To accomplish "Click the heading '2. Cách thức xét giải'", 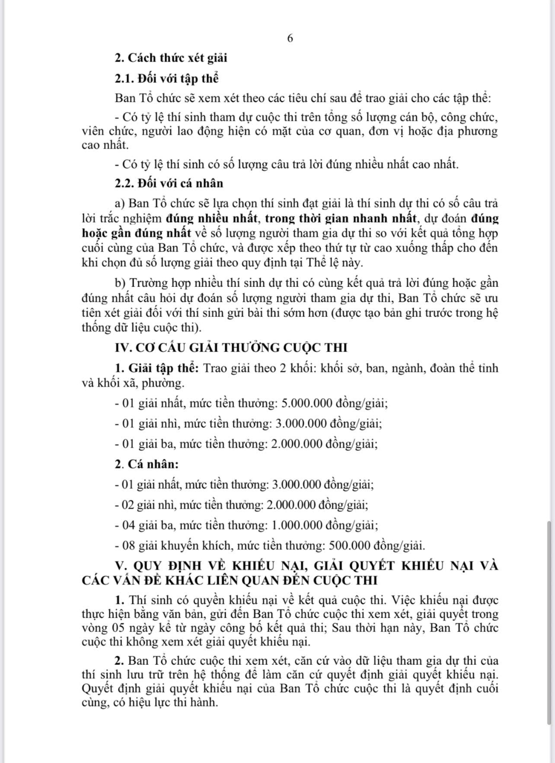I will [x=171, y=58].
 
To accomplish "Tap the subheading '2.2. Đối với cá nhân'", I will [x=169, y=183].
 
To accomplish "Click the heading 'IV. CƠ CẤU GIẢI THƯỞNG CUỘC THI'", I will [x=231, y=348].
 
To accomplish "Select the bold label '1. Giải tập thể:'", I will [x=159, y=368].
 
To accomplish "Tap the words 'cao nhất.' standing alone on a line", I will [x=104, y=145].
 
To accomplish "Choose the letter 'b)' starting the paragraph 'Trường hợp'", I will [x=120, y=283].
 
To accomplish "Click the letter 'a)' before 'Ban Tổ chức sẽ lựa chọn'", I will [x=120, y=203].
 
